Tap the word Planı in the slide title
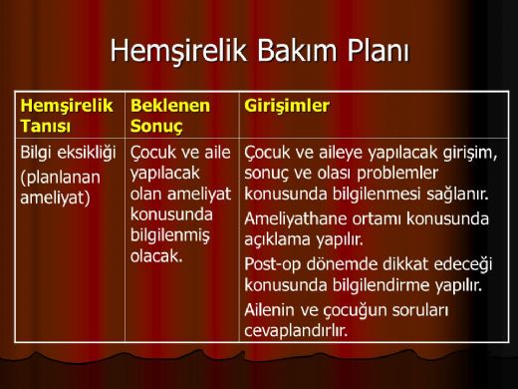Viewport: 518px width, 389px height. point(384,50)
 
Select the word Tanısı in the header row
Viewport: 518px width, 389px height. point(45,125)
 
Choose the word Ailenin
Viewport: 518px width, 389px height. point(274,310)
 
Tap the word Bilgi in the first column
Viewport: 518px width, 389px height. point(39,154)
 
